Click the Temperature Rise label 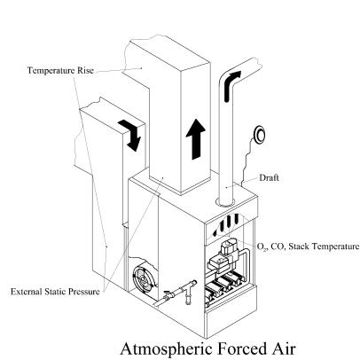[60, 70]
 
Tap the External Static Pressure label [55, 292]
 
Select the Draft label [269, 178]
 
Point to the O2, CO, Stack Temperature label [309, 247]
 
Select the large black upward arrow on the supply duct [195, 139]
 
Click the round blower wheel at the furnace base [143, 278]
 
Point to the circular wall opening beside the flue [260, 135]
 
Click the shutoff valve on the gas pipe [168, 295]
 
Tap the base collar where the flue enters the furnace [225, 202]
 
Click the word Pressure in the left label [84, 292]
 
